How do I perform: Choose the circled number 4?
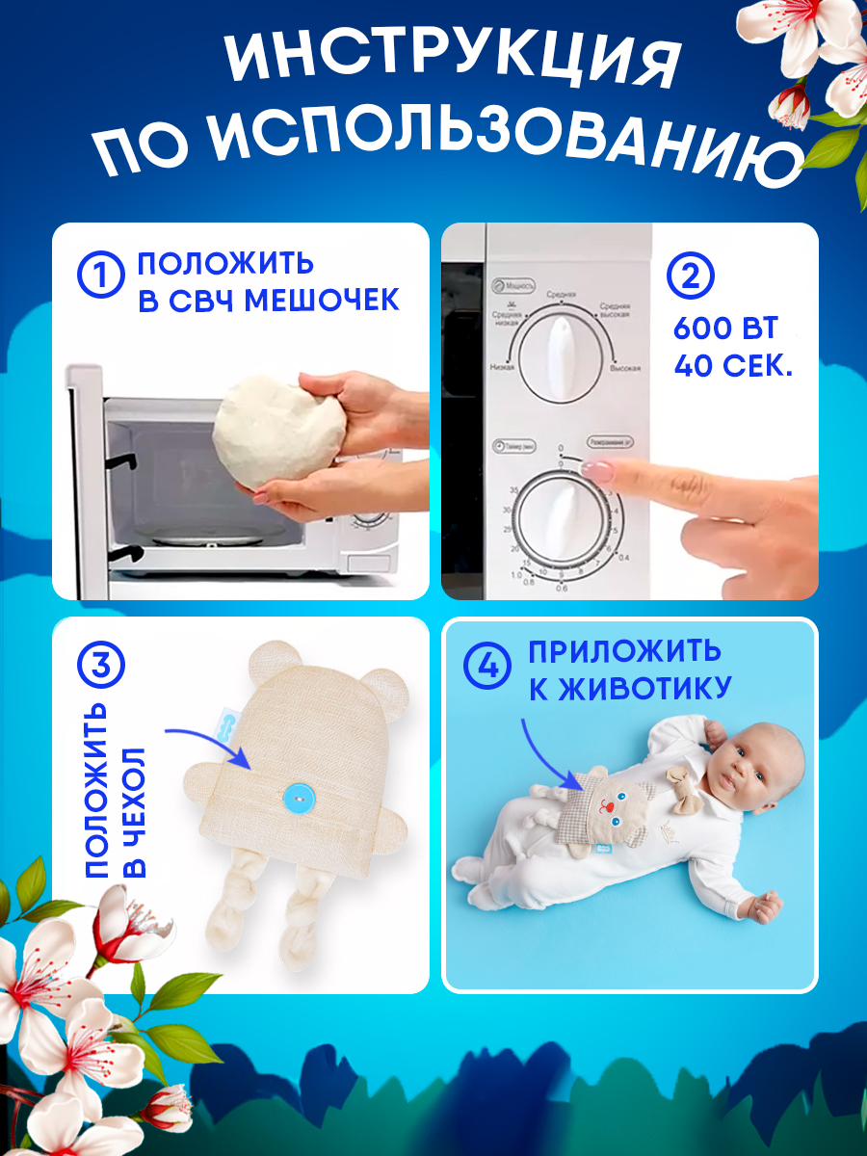click(x=486, y=666)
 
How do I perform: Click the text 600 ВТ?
click(x=724, y=328)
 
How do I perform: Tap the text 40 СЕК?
click(x=732, y=367)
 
